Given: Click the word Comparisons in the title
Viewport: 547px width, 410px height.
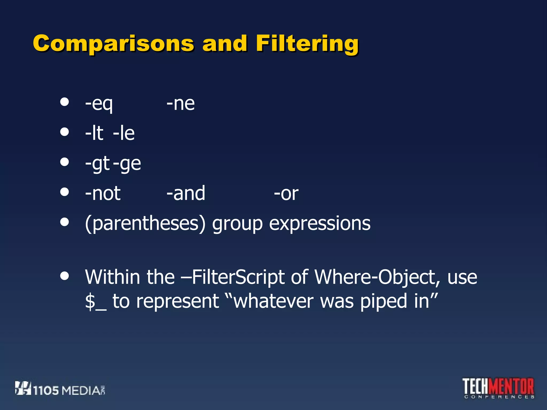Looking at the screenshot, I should (x=113, y=44).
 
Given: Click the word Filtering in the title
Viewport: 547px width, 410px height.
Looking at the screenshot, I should (x=307, y=44).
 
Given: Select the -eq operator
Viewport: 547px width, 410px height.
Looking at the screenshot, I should (x=99, y=104).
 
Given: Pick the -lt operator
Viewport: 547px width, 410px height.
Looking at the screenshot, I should (x=94, y=133).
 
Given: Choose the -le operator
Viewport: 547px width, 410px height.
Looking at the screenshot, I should (x=124, y=133).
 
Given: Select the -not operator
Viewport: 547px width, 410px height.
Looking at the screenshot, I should (x=103, y=193).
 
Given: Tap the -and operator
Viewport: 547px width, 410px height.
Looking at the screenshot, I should (x=186, y=193).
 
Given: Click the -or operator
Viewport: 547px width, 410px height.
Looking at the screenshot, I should (x=286, y=194).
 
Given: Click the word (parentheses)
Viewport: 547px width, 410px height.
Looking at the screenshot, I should (x=145, y=224).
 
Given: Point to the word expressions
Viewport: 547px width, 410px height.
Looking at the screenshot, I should (x=320, y=224).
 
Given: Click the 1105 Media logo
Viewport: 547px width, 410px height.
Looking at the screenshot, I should (x=60, y=389).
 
